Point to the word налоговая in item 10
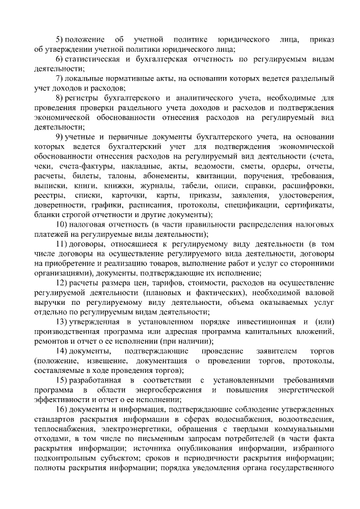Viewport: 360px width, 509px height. (x=89, y=226)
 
